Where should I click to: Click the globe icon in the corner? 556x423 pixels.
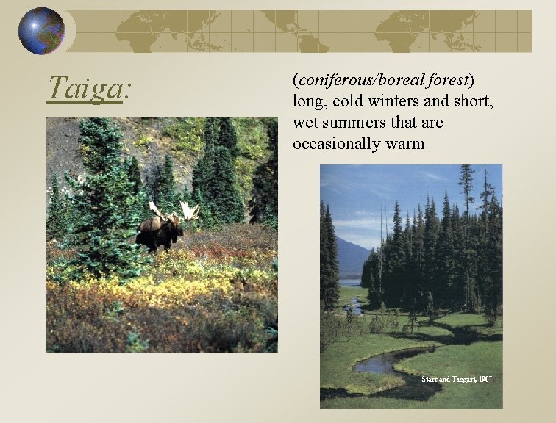coord(40,31)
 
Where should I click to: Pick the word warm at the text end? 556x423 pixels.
coord(405,143)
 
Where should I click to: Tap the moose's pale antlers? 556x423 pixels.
coord(188,211)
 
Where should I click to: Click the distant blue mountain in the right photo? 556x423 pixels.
coord(351,257)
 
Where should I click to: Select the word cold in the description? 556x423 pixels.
coord(338,101)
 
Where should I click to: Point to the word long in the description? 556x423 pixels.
coord(307,101)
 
